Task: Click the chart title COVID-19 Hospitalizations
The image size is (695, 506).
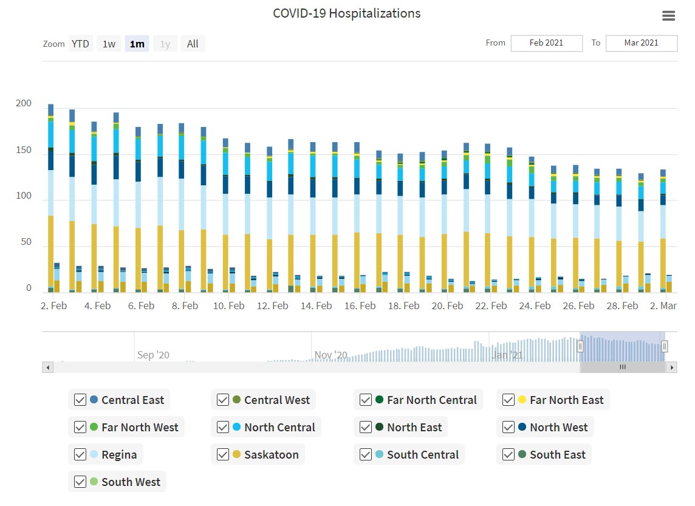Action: [346, 13]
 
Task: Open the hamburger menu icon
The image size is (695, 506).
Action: [668, 16]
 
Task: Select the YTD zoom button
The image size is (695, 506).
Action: [80, 44]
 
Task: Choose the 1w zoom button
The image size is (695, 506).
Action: [109, 44]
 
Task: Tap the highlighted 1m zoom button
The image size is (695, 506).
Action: [137, 44]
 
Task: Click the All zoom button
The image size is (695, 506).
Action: [193, 44]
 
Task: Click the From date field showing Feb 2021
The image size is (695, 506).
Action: [546, 43]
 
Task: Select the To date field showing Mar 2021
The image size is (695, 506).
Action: [641, 43]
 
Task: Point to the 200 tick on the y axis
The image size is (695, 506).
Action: [24, 104]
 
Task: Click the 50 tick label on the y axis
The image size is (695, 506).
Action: [26, 242]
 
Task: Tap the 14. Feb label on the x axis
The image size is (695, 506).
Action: [316, 306]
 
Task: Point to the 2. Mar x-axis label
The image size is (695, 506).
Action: [663, 306]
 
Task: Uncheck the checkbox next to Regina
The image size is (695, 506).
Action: [80, 454]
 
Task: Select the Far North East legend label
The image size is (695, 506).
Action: [567, 400]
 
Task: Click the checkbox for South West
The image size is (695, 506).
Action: [80, 482]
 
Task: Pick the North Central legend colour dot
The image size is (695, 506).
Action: [236, 427]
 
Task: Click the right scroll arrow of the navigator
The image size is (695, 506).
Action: [671, 368]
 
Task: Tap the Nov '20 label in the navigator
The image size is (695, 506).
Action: [331, 355]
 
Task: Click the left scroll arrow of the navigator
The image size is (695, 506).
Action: [47, 368]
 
